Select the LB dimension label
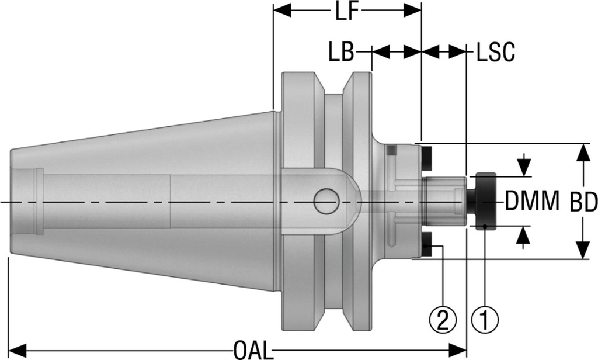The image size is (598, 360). click(341, 53)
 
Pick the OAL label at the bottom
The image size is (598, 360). click(253, 351)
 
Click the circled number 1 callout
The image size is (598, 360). click(486, 320)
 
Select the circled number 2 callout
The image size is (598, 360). click(442, 320)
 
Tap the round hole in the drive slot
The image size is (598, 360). click(326, 202)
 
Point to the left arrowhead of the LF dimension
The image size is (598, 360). click(281, 10)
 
